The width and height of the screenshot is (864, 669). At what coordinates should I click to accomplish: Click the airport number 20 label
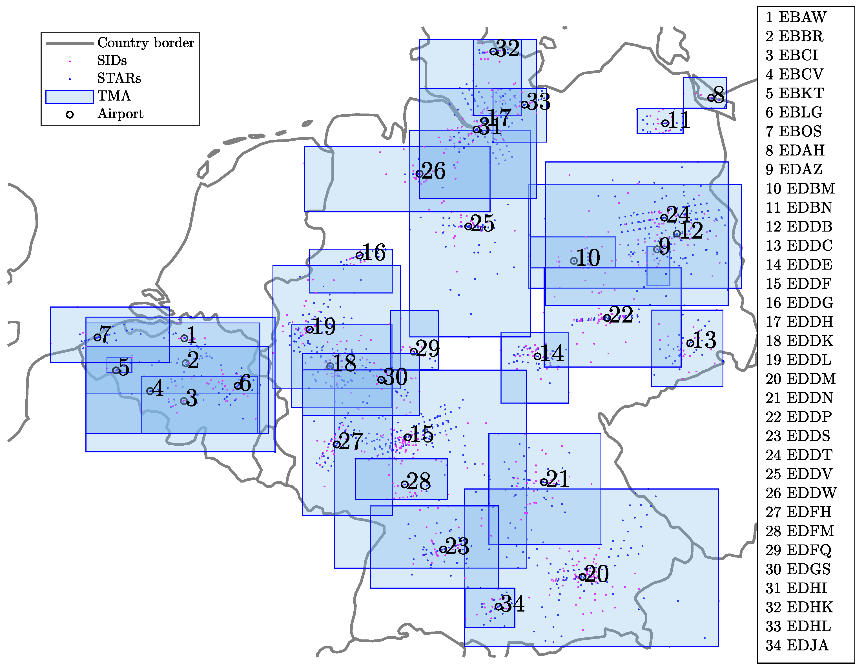point(597,574)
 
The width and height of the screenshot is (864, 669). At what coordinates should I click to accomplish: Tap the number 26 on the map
point(434,171)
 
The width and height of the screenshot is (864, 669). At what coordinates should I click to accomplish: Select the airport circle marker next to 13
point(690,343)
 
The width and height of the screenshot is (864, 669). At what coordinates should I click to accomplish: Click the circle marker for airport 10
point(573,261)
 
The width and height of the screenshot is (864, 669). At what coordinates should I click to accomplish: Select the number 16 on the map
point(374,253)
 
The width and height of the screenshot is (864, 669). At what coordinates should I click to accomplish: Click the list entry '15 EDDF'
point(798,283)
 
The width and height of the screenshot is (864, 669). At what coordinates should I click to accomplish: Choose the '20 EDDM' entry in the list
point(800,379)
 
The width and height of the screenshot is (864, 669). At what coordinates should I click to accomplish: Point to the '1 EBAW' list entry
point(796,17)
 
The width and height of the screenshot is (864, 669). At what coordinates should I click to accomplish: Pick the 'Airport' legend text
point(120,114)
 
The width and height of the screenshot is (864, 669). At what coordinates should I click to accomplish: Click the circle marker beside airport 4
point(150,391)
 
